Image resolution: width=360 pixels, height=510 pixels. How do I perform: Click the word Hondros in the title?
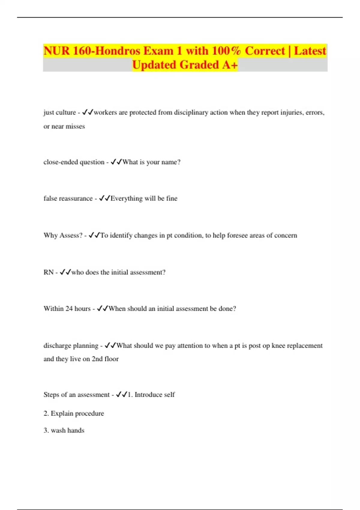[x=118, y=51]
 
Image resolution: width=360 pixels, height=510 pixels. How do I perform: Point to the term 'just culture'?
[x=60, y=112]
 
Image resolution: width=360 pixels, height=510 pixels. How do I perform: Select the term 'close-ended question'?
[x=74, y=162]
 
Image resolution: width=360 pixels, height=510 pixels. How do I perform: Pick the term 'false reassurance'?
[x=68, y=198]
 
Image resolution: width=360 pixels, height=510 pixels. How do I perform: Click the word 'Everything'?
[x=126, y=198]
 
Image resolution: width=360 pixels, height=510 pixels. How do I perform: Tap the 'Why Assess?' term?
[x=63, y=235]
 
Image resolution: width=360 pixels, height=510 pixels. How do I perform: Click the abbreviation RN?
[x=48, y=272]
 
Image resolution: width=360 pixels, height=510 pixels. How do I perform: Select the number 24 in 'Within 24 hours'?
[x=69, y=309]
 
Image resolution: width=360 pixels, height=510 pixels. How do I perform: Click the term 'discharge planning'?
[x=71, y=346]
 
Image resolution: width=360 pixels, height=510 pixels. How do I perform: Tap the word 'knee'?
[x=278, y=346]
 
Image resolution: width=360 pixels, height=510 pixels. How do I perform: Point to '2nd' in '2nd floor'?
[x=97, y=359]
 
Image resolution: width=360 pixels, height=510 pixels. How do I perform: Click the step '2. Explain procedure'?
[x=74, y=413]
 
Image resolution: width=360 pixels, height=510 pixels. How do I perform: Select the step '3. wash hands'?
[x=64, y=430]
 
